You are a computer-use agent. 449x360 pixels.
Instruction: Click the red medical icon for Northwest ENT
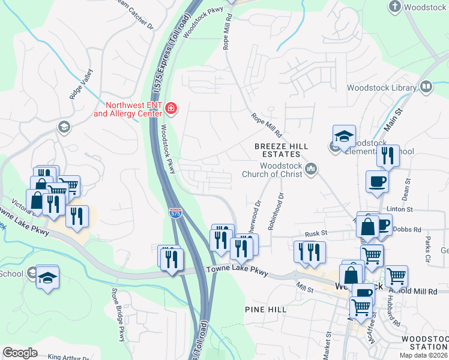(172, 108)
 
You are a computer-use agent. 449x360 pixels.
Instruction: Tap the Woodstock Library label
(382, 88)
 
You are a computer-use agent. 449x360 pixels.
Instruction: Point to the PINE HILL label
(265, 308)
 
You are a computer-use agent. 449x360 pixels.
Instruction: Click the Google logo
(20, 352)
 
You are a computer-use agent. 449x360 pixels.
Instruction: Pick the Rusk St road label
(315, 233)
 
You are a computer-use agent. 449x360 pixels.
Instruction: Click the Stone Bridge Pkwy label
(118, 311)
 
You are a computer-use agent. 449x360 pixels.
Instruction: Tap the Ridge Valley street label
(82, 84)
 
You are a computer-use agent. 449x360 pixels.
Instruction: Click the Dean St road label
(408, 192)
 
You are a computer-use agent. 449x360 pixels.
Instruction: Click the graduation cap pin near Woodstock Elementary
(344, 137)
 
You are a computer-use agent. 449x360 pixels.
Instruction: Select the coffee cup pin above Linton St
(377, 181)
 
